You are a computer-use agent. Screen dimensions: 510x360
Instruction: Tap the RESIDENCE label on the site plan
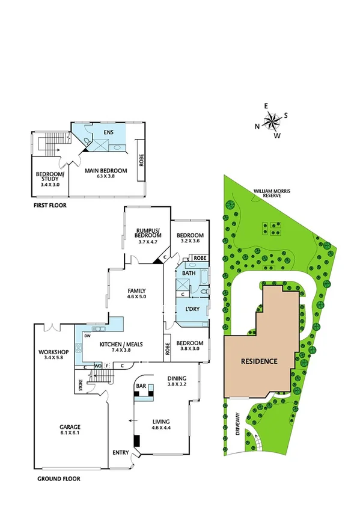(x=259, y=361)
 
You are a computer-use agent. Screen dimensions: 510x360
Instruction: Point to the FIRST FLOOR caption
(x=50, y=206)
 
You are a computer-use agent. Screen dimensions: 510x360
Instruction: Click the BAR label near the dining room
(x=142, y=386)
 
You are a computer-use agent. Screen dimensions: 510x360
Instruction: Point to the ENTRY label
(x=120, y=452)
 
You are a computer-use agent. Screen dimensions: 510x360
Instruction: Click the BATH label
(x=189, y=274)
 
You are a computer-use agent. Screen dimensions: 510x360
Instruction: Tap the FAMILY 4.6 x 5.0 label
(x=136, y=293)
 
